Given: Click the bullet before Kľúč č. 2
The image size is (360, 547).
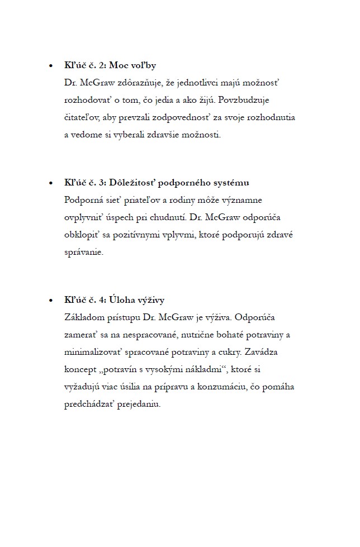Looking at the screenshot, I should click(51, 66).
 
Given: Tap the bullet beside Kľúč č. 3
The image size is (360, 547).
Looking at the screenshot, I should click(51, 183).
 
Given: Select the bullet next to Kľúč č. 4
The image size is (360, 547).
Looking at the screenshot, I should click(51, 301).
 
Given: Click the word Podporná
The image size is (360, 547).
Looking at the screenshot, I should click(83, 200).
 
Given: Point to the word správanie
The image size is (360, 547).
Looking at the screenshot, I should click(84, 252).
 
